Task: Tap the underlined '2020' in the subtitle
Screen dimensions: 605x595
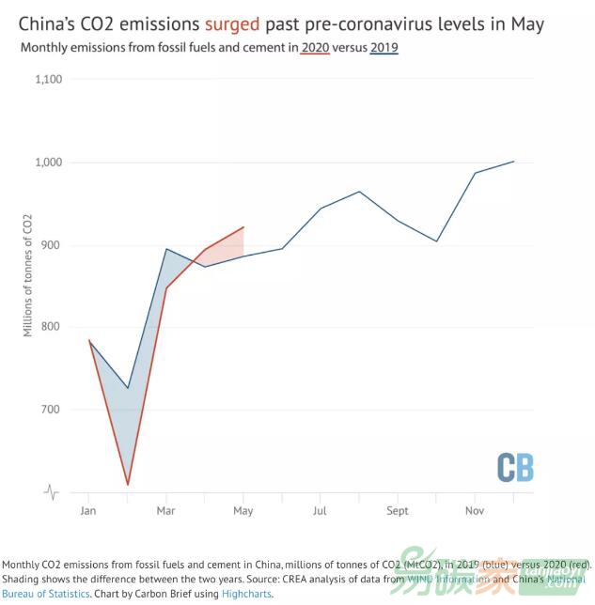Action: [315, 46]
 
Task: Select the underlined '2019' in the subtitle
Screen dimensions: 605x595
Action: [383, 46]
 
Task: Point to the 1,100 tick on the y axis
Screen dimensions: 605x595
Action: [47, 80]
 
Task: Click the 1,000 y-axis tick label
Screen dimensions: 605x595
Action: [47, 163]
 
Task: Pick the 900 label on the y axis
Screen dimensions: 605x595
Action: [52, 245]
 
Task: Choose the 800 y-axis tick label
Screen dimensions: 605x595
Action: [52, 327]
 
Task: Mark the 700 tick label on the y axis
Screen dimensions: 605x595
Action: [52, 410]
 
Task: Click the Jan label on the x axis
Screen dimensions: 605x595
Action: [88, 511]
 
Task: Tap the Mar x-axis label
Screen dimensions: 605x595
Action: [165, 511]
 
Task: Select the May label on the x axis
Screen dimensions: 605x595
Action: [243, 511]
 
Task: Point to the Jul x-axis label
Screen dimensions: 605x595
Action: [321, 511]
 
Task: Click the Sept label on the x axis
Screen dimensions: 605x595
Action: [398, 511]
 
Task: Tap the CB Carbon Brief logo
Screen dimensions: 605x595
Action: [515, 467]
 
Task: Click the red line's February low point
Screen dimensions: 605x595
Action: [128, 485]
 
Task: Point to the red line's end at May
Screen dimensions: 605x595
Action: [243, 226]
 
